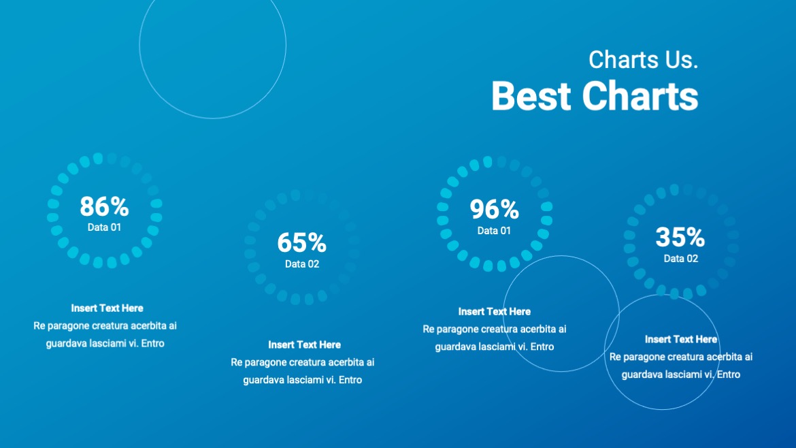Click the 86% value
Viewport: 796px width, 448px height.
point(104,206)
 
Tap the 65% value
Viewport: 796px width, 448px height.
point(301,242)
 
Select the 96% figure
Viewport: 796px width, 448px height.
point(494,210)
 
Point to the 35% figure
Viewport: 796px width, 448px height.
point(680,237)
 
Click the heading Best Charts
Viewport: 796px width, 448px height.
point(595,95)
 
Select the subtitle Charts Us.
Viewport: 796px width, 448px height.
point(643,60)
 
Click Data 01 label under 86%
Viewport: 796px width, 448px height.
point(104,227)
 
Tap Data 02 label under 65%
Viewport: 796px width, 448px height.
point(301,264)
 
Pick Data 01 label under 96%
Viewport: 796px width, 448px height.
point(494,231)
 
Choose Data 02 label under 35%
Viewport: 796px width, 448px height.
point(680,259)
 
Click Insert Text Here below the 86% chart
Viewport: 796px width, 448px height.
point(107,308)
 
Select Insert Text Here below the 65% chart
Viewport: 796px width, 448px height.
point(304,345)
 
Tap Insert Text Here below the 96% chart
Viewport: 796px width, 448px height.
point(494,312)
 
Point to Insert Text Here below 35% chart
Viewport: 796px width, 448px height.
point(680,339)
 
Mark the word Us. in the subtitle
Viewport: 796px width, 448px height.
point(682,60)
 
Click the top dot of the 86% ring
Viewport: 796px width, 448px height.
point(98,158)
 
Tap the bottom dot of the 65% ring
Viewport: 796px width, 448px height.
point(295,299)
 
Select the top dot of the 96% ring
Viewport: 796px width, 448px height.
point(488,161)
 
